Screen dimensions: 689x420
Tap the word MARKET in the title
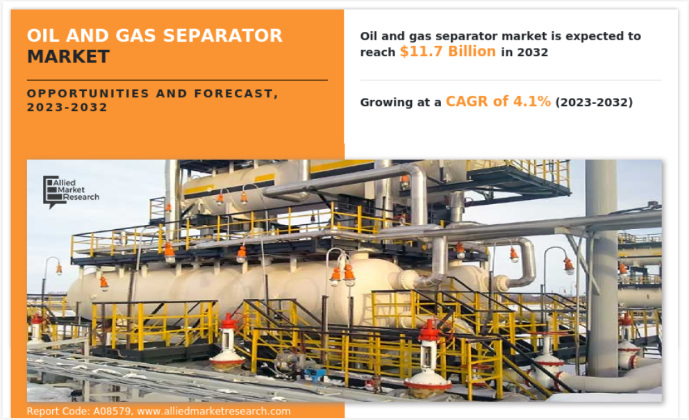point(68,57)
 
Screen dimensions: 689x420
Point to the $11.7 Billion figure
point(448,52)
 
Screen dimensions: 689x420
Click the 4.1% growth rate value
point(532,101)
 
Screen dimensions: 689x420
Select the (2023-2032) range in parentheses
point(594,102)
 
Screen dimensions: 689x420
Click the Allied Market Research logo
point(71,192)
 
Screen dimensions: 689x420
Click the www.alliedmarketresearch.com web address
point(214,411)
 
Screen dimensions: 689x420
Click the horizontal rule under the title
point(177,80)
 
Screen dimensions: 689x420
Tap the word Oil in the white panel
point(368,36)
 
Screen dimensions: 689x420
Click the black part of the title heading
point(68,57)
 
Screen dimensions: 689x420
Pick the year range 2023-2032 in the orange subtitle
point(67,107)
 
